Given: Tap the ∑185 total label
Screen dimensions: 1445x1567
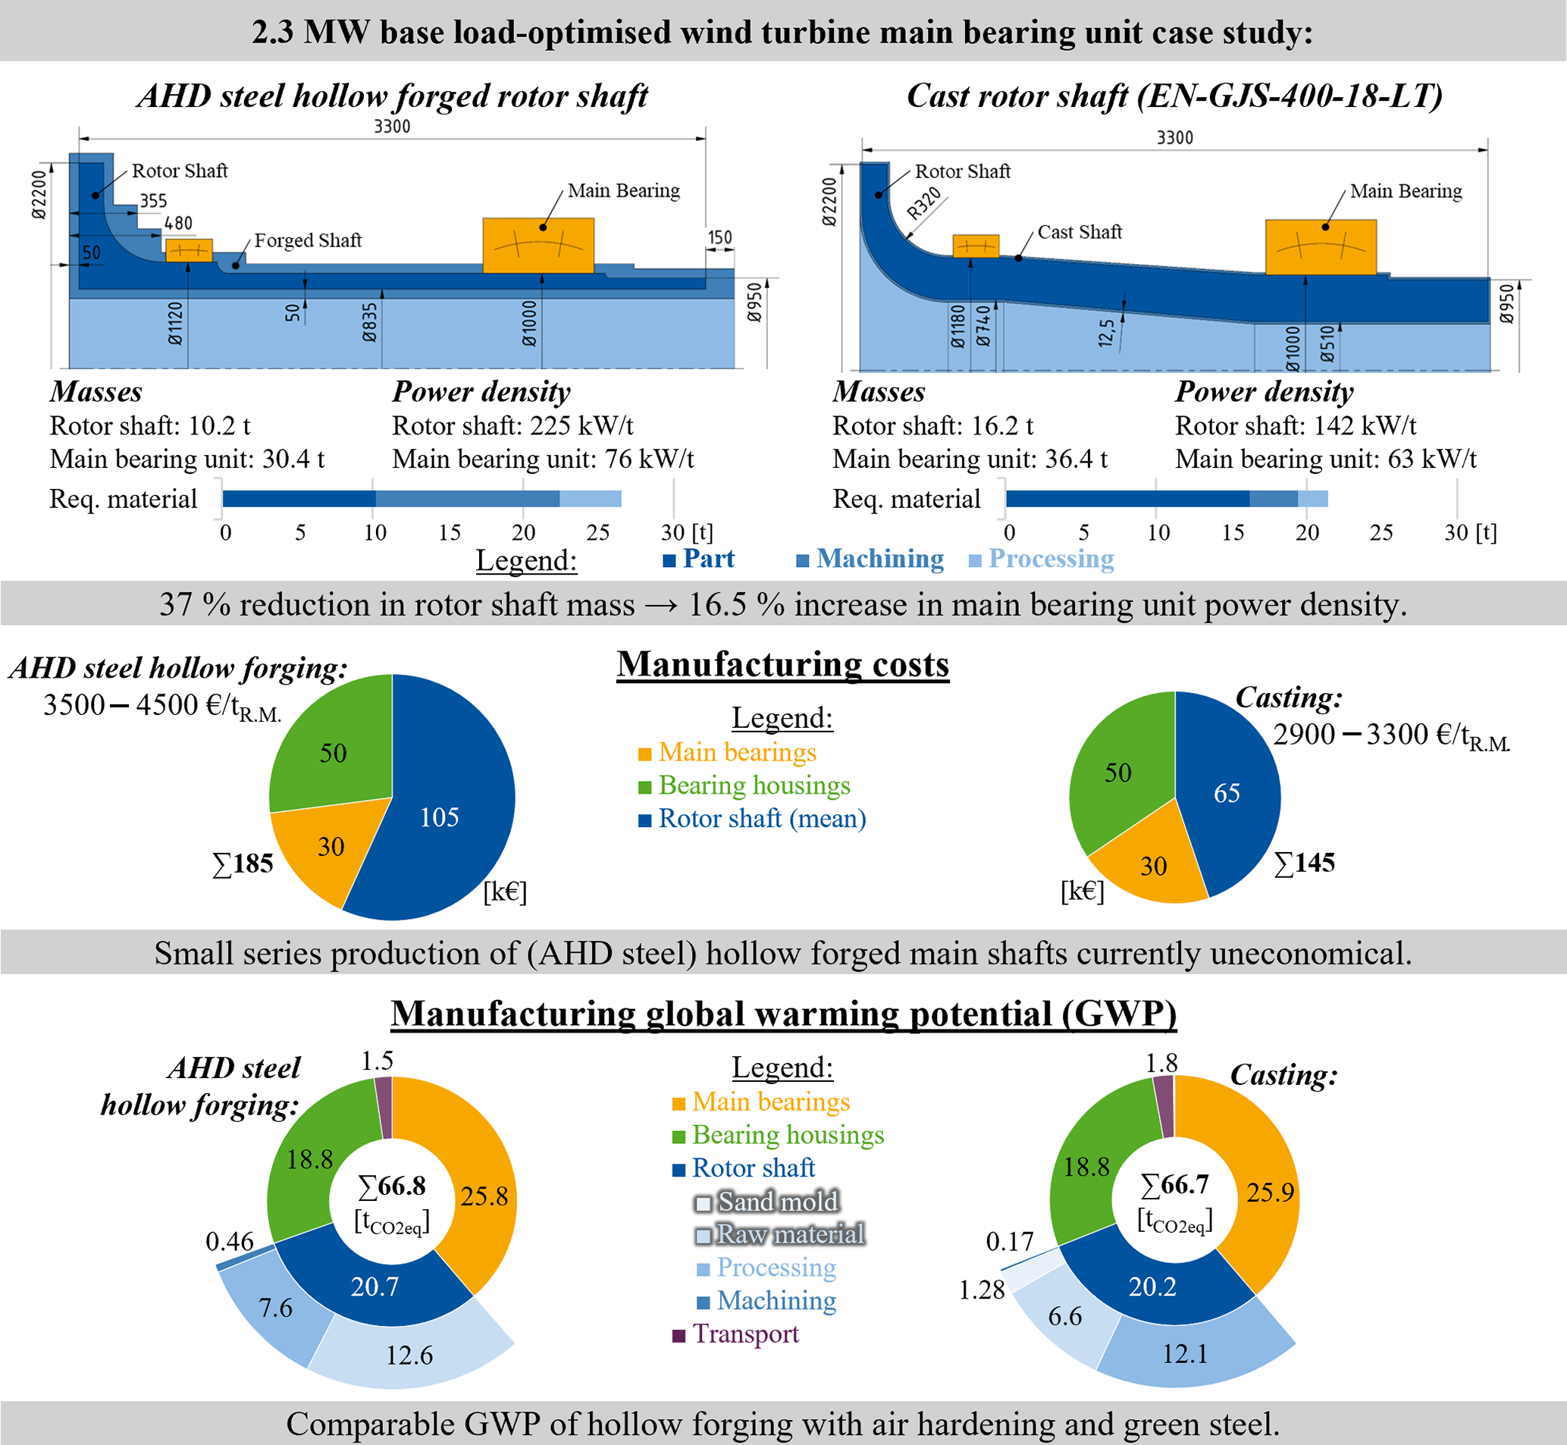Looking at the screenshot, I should (x=243, y=864).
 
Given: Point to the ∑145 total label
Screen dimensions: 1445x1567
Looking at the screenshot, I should (x=1304, y=863).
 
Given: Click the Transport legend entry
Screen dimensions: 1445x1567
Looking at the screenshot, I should (x=745, y=1334).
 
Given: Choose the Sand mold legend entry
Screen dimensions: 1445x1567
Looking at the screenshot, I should (x=777, y=1201).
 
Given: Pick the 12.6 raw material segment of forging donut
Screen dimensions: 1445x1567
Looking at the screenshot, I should (x=409, y=1354).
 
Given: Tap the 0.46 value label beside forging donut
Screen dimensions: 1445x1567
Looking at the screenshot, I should (x=229, y=1241).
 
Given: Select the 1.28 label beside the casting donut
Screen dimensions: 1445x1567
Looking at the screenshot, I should (x=981, y=1290).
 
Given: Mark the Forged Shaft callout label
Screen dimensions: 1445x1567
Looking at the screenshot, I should (x=308, y=240).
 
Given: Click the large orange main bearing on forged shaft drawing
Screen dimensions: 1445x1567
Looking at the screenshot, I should (x=538, y=245).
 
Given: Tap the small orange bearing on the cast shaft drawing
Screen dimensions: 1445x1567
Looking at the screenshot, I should (x=975, y=246).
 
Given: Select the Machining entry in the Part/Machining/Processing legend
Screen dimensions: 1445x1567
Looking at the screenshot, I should (x=879, y=558).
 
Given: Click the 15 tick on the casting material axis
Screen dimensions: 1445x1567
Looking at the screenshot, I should (x=1233, y=532).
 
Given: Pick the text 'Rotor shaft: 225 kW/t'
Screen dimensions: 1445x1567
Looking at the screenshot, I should (x=512, y=425).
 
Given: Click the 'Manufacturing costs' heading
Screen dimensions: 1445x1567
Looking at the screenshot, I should (x=782, y=665).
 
